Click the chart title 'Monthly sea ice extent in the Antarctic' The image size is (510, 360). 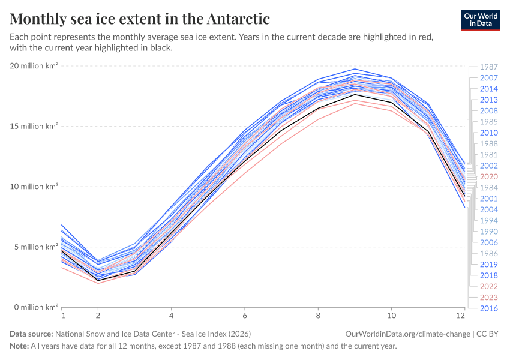140,19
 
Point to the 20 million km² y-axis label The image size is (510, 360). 34,66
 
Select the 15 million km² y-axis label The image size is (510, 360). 34,127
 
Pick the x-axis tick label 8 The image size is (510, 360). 318,315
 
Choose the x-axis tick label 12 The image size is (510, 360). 461,315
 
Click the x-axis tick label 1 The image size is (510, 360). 62,315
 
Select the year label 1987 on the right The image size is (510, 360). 488,67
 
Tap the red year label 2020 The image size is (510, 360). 488,176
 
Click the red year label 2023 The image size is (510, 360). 488,297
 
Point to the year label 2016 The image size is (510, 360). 488,308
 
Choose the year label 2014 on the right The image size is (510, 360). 488,89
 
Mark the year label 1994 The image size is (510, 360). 488,220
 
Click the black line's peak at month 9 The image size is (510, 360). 355,94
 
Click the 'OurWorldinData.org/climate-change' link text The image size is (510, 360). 407,334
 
